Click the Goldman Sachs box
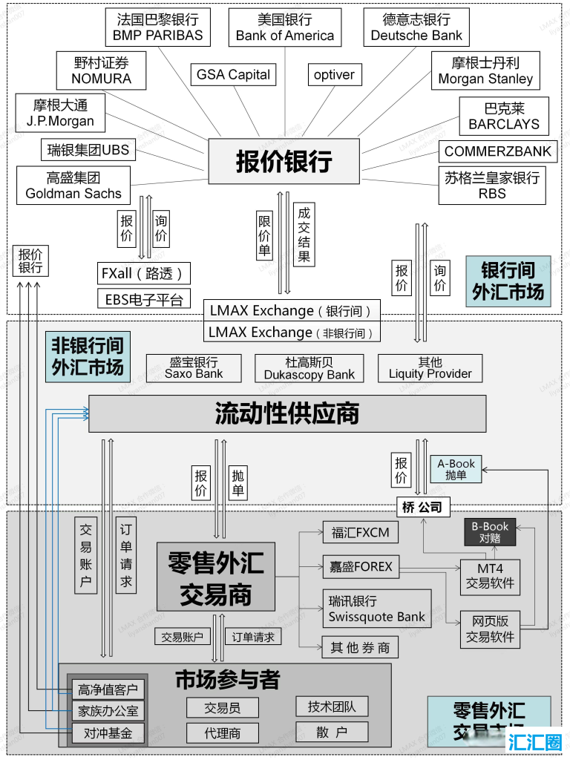click(x=73, y=185)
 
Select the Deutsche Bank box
click(x=416, y=27)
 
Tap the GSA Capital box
click(x=234, y=74)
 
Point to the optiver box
click(x=334, y=74)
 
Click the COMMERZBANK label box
click(x=498, y=151)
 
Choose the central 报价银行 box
click(x=284, y=161)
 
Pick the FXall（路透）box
click(x=144, y=272)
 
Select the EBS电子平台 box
click(x=144, y=299)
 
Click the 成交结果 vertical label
click(x=304, y=235)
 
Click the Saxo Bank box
click(x=194, y=368)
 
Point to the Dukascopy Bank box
click(x=309, y=368)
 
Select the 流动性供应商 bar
click(x=287, y=413)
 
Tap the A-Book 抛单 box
click(x=456, y=469)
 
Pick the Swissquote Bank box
click(x=377, y=609)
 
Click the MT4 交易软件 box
click(x=490, y=577)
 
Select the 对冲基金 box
click(x=105, y=733)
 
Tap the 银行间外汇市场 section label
click(x=508, y=281)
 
